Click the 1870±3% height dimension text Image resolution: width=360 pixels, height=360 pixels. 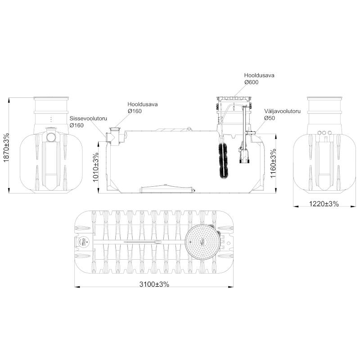tap(6, 148)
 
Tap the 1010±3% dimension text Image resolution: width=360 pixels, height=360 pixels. tap(96, 167)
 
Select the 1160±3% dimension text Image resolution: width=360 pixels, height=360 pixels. tap(273, 163)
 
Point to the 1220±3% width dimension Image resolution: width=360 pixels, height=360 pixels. tap(324, 203)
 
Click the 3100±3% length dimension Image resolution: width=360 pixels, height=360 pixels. tap(154, 284)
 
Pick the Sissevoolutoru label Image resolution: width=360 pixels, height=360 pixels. tap(88, 118)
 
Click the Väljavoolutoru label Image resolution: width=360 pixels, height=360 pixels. tap(283, 111)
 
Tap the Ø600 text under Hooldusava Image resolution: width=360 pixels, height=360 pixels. tap(251, 82)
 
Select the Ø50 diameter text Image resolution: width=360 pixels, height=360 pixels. tap(270, 118)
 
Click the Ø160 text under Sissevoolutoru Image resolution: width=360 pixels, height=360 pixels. tap(76, 126)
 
